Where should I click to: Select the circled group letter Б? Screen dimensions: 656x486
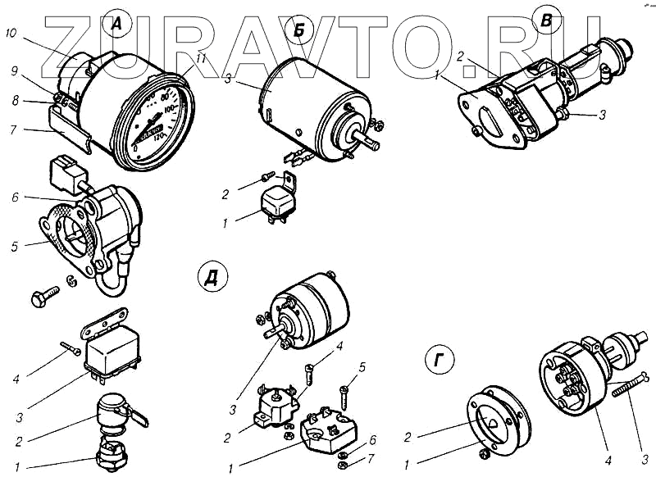300,32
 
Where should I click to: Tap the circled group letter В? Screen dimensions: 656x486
542,18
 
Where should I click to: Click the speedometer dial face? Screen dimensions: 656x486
160,122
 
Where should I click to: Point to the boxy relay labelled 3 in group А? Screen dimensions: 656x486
115,352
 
